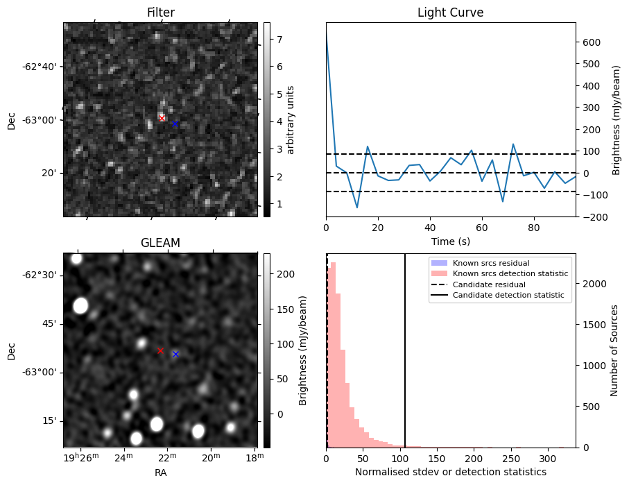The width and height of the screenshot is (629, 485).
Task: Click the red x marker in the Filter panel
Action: [x=162, y=118]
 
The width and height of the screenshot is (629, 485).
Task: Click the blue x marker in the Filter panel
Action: [x=175, y=124]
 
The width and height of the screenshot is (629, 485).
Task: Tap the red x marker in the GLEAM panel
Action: [x=160, y=351]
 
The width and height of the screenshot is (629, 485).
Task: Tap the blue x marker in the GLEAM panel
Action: [x=175, y=354]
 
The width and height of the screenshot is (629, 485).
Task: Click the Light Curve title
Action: [x=450, y=12]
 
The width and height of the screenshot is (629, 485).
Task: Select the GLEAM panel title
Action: [x=160, y=243]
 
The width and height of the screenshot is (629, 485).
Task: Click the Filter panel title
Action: [x=160, y=12]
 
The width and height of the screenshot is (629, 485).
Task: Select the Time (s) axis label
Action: [x=450, y=241]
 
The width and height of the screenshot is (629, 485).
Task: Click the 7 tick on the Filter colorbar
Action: [x=278, y=40]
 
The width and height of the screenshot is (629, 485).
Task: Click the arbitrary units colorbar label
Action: [x=291, y=119]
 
